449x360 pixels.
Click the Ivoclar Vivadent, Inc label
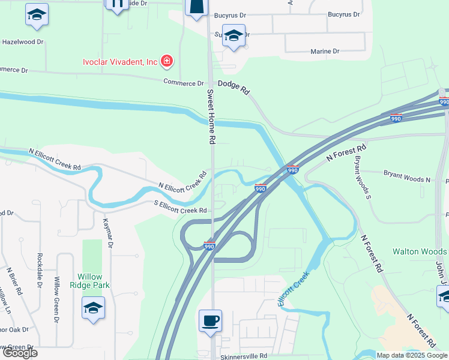120,62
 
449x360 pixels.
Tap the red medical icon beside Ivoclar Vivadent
167,61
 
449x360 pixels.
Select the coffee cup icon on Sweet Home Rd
210,320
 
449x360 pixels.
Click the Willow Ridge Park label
93,281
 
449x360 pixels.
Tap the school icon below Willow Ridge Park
93,308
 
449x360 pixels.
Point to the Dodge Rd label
234,87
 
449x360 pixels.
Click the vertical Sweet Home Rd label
211,117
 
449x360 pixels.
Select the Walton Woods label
420,251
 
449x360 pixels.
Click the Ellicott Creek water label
294,289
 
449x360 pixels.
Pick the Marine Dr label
325,52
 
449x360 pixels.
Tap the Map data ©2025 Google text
412,355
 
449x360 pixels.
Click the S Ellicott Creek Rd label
180,210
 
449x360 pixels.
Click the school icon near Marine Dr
233,35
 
